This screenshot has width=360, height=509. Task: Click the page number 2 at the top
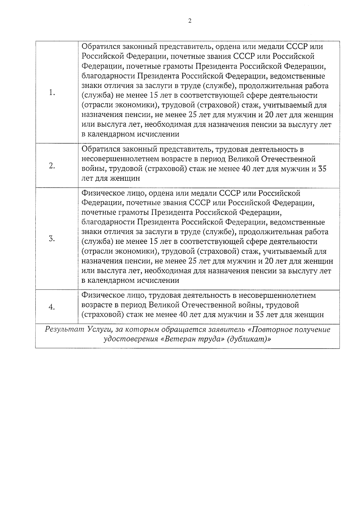pyautogui.click(x=189, y=21)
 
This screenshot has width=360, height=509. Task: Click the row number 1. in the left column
pyautogui.click(x=52, y=93)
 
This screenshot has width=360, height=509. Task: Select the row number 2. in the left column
pyautogui.click(x=52, y=166)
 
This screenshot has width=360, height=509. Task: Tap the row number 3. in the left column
pyautogui.click(x=52, y=239)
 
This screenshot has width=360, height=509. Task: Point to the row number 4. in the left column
pyautogui.click(x=52, y=307)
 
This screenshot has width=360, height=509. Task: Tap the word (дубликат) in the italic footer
pyautogui.click(x=247, y=340)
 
